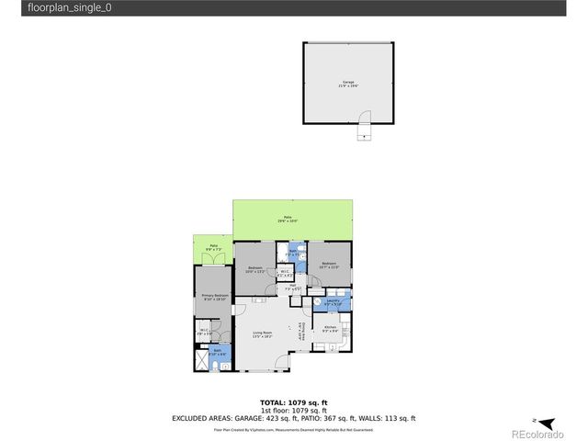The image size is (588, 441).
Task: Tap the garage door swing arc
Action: click(366, 120)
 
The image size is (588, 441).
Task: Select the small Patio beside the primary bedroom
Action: click(213, 247)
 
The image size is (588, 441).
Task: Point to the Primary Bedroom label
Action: click(213, 297)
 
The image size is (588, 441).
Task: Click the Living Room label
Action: click(265, 335)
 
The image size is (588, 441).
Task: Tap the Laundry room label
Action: click(332, 301)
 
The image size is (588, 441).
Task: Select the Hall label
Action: click(293, 287)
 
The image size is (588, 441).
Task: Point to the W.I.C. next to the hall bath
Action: click(286, 272)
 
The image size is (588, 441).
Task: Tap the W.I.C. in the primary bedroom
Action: click(204, 332)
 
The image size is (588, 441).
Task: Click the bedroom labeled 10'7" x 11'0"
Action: click(329, 266)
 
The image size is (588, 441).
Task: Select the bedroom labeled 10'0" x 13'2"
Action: click(255, 270)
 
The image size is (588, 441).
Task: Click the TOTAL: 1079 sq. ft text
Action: click(293, 402)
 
